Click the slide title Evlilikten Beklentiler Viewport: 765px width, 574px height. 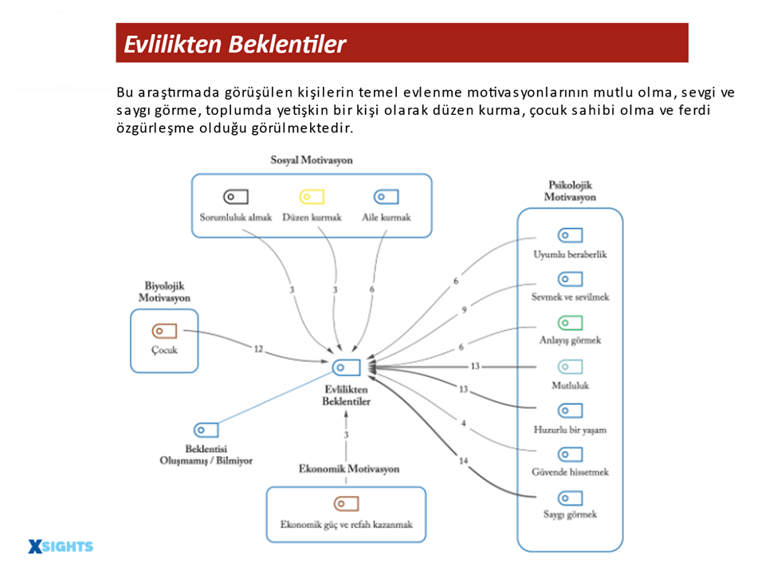click(234, 44)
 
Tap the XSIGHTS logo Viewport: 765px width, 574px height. click(61, 546)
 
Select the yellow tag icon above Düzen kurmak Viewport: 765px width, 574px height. click(311, 197)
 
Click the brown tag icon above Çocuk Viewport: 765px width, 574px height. click(164, 331)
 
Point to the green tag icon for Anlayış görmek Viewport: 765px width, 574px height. click(570, 323)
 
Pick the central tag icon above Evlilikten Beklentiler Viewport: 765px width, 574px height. click(347, 367)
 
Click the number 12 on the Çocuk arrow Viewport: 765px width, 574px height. click(258, 349)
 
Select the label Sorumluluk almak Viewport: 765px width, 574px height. click(236, 217)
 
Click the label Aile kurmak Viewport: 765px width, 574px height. click(386, 217)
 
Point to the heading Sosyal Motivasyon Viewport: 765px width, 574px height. click(312, 160)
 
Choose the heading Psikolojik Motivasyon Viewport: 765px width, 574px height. click(570, 191)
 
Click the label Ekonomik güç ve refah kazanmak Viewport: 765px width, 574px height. click(346, 525)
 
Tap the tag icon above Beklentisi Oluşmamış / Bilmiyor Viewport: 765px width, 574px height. click(206, 430)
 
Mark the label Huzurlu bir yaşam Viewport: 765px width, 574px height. click(570, 429)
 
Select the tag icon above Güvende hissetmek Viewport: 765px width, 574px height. click(570, 454)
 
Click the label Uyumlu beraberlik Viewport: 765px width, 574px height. click(570, 254)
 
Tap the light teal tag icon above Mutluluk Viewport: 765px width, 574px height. click(570, 367)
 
